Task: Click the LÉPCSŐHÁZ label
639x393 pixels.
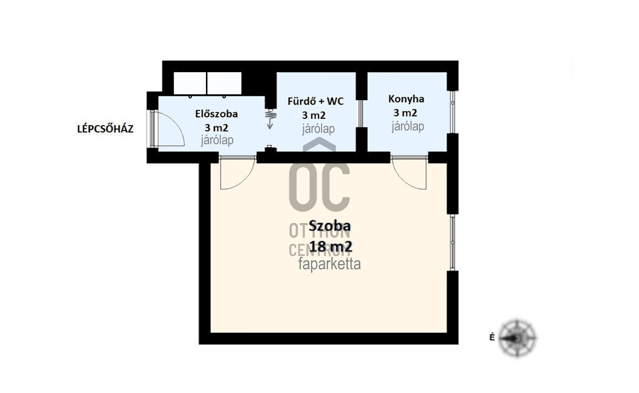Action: pyautogui.click(x=105, y=129)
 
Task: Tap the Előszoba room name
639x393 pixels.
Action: pyautogui.click(x=216, y=114)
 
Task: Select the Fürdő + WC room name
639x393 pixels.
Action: pyautogui.click(x=316, y=101)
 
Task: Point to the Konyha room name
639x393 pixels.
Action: pyautogui.click(x=406, y=99)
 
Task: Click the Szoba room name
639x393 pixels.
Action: pyautogui.click(x=329, y=226)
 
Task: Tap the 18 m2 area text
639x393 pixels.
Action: pyautogui.click(x=331, y=247)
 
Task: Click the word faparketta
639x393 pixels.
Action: pyautogui.click(x=329, y=264)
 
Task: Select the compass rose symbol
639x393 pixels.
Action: pyautogui.click(x=518, y=338)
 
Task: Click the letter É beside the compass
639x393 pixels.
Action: pyautogui.click(x=492, y=337)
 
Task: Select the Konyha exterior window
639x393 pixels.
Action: pyautogui.click(x=452, y=112)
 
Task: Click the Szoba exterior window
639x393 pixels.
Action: pyautogui.click(x=452, y=242)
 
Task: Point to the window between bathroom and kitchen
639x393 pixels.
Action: pyautogui.click(x=361, y=113)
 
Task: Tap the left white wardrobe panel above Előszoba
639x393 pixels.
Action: pyautogui.click(x=190, y=84)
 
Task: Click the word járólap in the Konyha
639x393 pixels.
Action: pyautogui.click(x=407, y=126)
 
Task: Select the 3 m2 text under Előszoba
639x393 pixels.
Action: pyautogui.click(x=216, y=128)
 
